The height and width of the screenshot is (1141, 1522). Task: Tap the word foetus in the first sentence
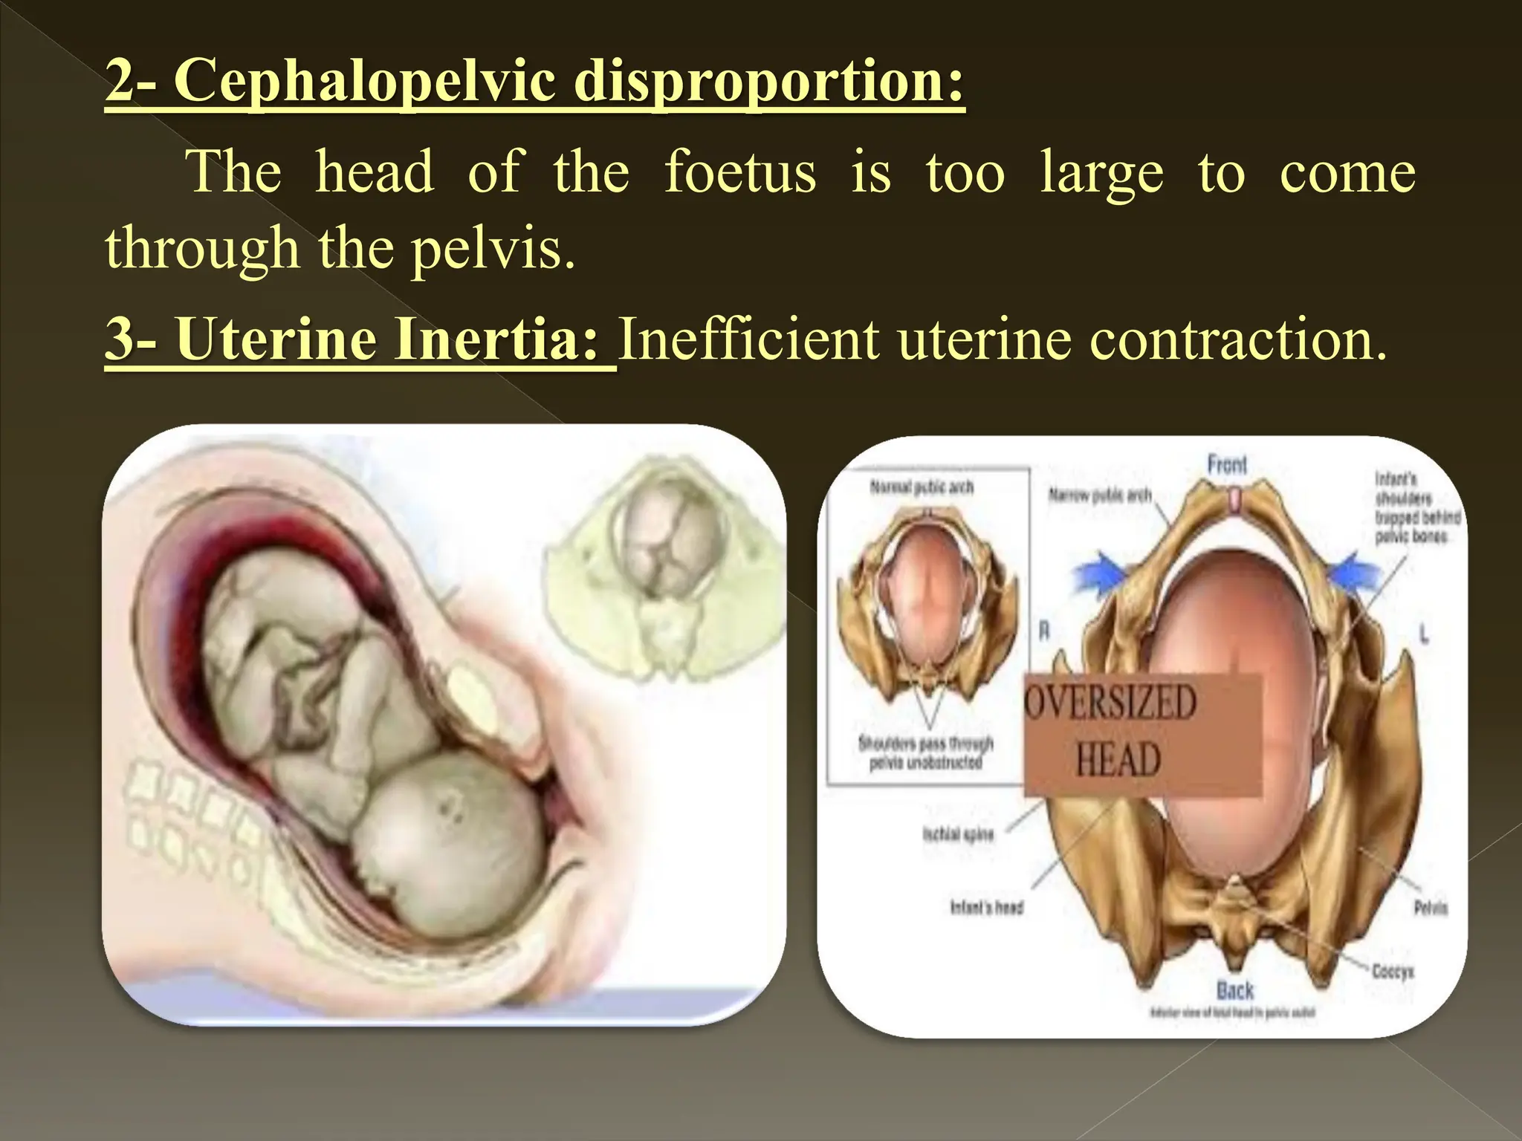739,172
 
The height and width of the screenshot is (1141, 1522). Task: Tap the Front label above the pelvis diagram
1227,466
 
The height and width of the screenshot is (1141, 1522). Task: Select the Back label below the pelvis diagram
1234,990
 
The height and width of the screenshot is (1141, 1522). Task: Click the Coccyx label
1393,971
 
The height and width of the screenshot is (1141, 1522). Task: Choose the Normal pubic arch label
922,487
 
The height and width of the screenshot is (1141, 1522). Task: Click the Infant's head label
987,907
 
